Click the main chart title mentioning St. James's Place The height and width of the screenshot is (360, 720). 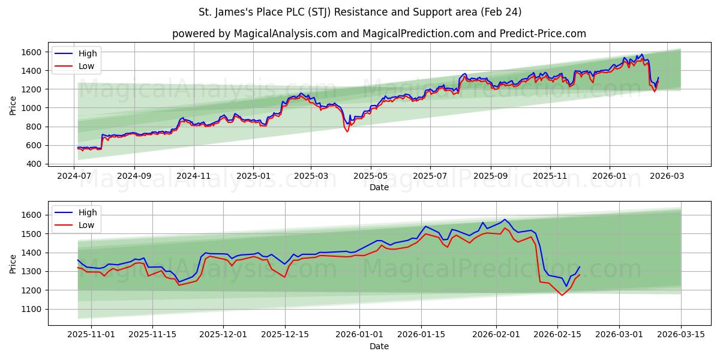click(x=360, y=12)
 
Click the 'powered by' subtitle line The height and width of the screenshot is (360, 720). click(x=379, y=34)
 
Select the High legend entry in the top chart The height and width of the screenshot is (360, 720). click(x=88, y=53)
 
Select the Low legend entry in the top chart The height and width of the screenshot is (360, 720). click(x=86, y=66)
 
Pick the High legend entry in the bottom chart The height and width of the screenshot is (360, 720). click(x=88, y=212)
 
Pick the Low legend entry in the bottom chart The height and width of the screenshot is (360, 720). click(x=86, y=225)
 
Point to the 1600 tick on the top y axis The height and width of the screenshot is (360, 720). click(x=34, y=52)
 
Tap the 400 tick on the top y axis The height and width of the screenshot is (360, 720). click(x=36, y=164)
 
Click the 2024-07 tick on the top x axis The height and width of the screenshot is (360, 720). click(x=74, y=175)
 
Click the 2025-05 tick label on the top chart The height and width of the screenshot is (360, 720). click(x=371, y=175)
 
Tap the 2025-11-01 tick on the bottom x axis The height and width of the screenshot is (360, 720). click(x=91, y=334)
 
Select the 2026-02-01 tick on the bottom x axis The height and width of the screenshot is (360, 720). click(x=496, y=334)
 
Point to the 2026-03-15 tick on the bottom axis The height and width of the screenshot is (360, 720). click(x=681, y=334)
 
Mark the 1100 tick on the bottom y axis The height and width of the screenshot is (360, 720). click(x=34, y=309)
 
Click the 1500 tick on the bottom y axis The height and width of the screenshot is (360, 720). click(x=34, y=233)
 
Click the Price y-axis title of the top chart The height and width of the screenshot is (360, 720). click(x=13, y=106)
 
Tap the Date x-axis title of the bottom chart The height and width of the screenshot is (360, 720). click(x=379, y=346)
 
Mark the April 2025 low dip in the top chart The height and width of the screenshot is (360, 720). click(x=347, y=131)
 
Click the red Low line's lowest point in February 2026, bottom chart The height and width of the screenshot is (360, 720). click(x=562, y=295)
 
